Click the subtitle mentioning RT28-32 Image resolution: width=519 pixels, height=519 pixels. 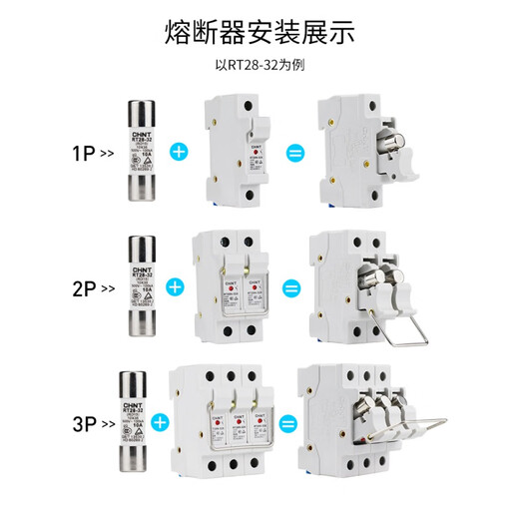pyautogui.click(x=259, y=67)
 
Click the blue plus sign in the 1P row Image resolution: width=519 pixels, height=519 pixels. pyautogui.click(x=180, y=153)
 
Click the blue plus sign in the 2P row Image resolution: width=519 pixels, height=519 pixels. pyautogui.click(x=174, y=287)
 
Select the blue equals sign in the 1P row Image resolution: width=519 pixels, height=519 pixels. pyautogui.click(x=293, y=153)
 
